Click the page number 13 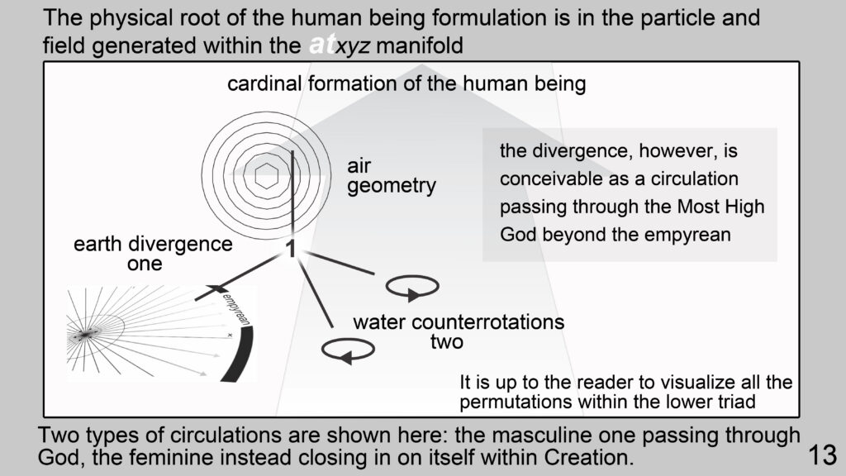(x=822, y=455)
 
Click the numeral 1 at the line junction (x=291, y=249)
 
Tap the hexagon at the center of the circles (x=266, y=175)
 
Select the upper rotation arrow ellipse (x=412, y=287)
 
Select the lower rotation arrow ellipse (x=348, y=350)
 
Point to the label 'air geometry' (x=391, y=175)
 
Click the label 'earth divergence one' (x=153, y=254)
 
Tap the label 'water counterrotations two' (x=459, y=331)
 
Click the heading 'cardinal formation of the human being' (x=406, y=83)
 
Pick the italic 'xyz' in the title (x=352, y=45)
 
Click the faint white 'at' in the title (x=321, y=45)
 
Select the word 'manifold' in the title (x=419, y=45)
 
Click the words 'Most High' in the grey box (x=720, y=207)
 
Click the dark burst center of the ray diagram (x=85, y=336)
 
